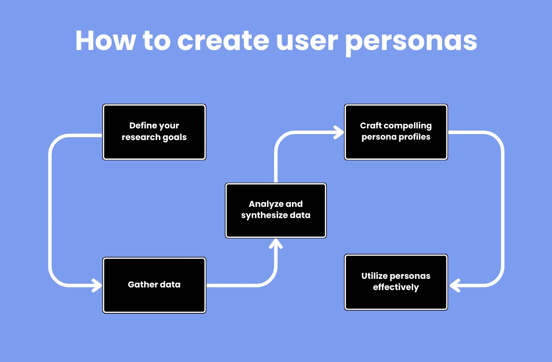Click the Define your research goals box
(x=154, y=132)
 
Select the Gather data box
(x=154, y=285)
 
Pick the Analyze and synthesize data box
(x=276, y=210)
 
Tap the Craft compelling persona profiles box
(x=396, y=132)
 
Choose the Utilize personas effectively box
(x=396, y=282)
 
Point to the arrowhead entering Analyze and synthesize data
(x=276, y=243)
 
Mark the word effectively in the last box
(x=396, y=287)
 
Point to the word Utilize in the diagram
(x=375, y=276)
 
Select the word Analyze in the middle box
(x=266, y=204)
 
